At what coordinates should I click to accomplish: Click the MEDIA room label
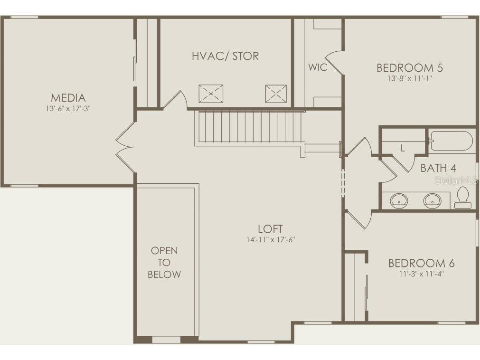(68, 98)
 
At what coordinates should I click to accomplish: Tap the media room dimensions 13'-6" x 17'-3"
(68, 108)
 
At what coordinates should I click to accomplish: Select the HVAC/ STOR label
(225, 56)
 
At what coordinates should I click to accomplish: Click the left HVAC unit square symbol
(210, 93)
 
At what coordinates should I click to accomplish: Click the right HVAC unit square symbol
(275, 93)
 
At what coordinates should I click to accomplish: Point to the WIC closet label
(318, 67)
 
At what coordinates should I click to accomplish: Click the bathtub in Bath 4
(452, 141)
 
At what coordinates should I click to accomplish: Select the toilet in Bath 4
(462, 198)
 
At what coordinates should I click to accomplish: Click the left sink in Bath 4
(399, 201)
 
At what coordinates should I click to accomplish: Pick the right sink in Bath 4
(433, 201)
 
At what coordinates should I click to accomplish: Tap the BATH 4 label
(438, 168)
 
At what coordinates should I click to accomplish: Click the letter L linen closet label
(403, 148)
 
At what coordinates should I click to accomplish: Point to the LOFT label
(270, 229)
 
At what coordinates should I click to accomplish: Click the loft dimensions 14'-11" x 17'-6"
(270, 240)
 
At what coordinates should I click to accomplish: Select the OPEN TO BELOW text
(164, 263)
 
